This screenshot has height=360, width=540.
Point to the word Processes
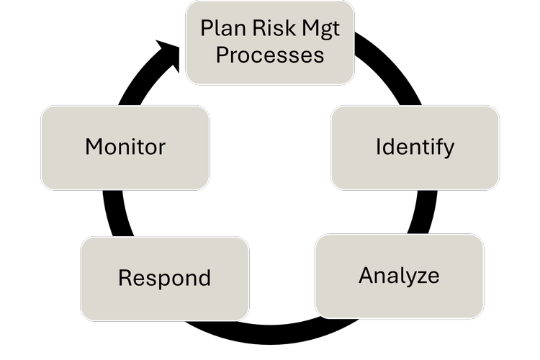tap(270, 55)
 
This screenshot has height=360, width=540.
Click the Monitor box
tap(125, 148)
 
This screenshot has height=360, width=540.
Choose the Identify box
tap(415, 148)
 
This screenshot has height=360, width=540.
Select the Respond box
tap(164, 278)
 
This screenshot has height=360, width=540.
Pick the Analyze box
tap(399, 276)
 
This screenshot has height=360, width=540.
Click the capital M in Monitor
tap(94, 147)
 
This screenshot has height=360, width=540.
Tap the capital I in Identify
tap(378, 147)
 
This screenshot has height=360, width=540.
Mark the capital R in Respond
tap(125, 278)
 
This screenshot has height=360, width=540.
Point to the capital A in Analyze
tap(366, 275)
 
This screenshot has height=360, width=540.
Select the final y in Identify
tap(449, 150)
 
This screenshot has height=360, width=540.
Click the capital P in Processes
tap(222, 55)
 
